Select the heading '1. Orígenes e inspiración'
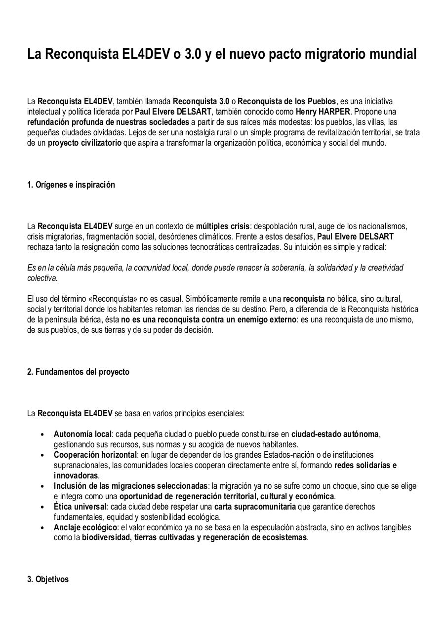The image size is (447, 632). click(71, 185)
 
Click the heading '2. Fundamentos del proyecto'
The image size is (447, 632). click(78, 372)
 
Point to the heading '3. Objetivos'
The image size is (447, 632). click(48, 579)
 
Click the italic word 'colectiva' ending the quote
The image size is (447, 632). click(42, 277)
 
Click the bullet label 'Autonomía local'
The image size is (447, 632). click(82, 434)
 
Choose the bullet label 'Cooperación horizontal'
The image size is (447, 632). click(95, 454)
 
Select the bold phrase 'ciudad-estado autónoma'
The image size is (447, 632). click(334, 434)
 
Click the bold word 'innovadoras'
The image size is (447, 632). click(76, 475)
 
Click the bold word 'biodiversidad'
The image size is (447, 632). click(106, 537)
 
